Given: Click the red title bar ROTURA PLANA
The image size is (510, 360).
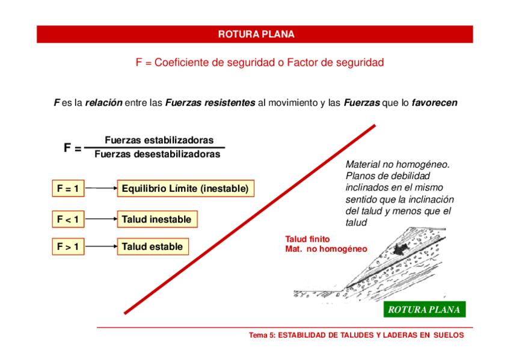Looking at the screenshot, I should (x=255, y=34).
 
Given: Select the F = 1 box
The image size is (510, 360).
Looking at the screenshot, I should (x=68, y=189).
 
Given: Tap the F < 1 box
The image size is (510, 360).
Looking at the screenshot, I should (x=68, y=219).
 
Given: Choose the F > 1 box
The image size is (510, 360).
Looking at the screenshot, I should (x=68, y=246).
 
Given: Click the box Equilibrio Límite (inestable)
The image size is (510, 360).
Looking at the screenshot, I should (x=185, y=189).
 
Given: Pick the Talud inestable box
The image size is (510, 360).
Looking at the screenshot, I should (x=156, y=219).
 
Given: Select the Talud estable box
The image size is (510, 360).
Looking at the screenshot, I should (x=152, y=246).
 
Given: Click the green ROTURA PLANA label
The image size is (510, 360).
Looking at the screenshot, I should (x=424, y=310).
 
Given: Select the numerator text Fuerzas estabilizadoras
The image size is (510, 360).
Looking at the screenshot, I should (x=159, y=140).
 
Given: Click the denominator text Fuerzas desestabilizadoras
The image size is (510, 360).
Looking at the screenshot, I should (x=157, y=154).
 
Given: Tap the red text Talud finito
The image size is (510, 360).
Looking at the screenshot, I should (x=307, y=239).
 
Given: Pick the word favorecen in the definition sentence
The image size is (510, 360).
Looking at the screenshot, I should (x=434, y=103).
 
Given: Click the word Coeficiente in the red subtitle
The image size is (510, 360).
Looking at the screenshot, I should (x=185, y=63).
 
